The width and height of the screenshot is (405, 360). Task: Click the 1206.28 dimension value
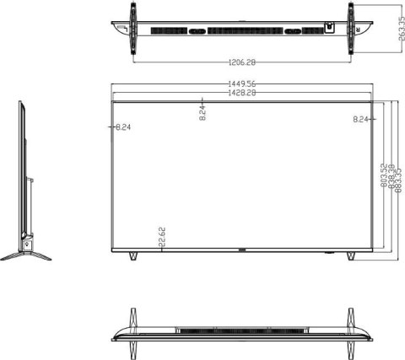[x=242, y=62]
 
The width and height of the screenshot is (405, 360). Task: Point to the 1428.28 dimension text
[x=242, y=93]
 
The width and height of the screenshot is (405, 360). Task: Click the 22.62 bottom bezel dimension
[x=161, y=239]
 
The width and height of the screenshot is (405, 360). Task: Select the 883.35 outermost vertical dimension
[x=398, y=177]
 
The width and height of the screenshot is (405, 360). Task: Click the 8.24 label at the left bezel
[x=121, y=126]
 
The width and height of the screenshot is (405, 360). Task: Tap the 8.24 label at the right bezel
[x=362, y=119]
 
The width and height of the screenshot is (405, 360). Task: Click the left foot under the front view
[x=132, y=255]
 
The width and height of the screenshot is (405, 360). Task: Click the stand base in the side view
[x=25, y=253]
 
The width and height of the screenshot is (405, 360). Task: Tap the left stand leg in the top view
[x=132, y=30]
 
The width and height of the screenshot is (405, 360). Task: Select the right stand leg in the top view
[x=351, y=30]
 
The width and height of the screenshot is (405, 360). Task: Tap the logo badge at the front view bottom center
[x=243, y=250]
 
